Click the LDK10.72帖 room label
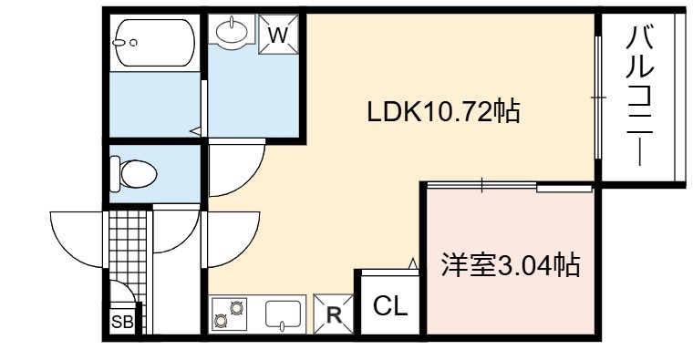[x=443, y=112]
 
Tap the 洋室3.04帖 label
[x=511, y=264]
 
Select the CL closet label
[x=390, y=305]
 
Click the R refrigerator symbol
[x=334, y=314]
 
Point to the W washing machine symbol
[x=278, y=34]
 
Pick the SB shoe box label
[x=122, y=322]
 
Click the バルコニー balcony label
[x=639, y=96]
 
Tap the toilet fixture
[x=133, y=173]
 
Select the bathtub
[x=154, y=43]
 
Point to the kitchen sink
[x=283, y=314]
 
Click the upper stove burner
[x=237, y=305]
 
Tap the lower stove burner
[x=221, y=320]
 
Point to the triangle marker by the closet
[x=413, y=263]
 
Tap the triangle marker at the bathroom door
[x=196, y=131]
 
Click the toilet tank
[x=115, y=173]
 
